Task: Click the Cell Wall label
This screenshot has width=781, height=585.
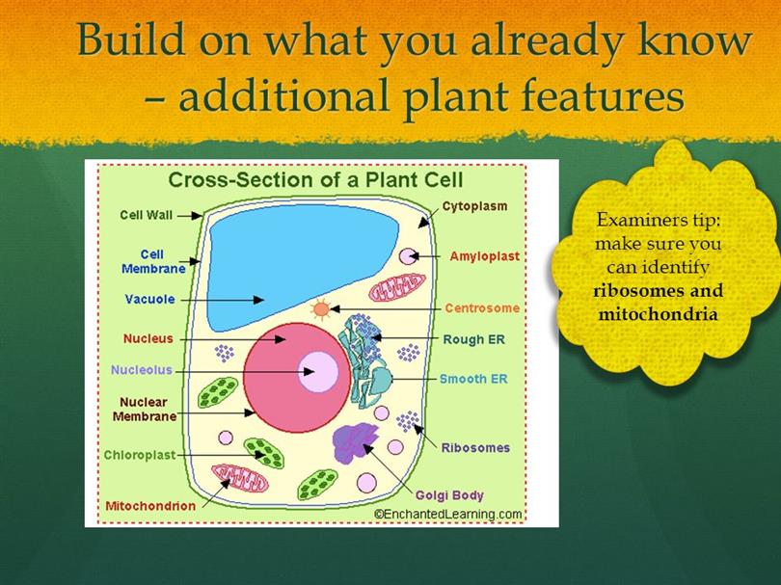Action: coord(146,215)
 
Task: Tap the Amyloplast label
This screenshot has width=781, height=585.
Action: coord(485,256)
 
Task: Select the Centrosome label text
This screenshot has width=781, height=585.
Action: coord(482,308)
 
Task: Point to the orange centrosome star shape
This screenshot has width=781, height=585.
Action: coord(321,309)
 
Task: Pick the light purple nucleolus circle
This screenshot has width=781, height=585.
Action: coord(318,371)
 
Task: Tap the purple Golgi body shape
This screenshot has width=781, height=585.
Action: coord(355,441)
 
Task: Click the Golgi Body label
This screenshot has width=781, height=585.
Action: coord(449,495)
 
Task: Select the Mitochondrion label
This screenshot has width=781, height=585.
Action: coord(150,506)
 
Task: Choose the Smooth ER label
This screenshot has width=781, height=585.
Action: coord(473,379)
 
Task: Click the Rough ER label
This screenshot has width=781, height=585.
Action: coord(473,339)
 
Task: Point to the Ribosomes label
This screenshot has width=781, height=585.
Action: coord(475,447)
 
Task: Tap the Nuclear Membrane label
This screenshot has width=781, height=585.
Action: coord(144,409)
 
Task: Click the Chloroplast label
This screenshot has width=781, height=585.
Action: coord(140,455)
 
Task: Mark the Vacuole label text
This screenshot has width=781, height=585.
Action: coord(149,299)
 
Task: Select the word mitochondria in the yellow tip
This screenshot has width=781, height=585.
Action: coord(658,314)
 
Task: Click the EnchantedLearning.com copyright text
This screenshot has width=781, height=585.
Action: coord(448,515)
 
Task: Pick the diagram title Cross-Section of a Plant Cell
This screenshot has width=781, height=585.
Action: coord(316,179)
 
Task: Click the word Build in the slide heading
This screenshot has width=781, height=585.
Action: coord(131,40)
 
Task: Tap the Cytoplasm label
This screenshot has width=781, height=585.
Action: coord(474,206)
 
